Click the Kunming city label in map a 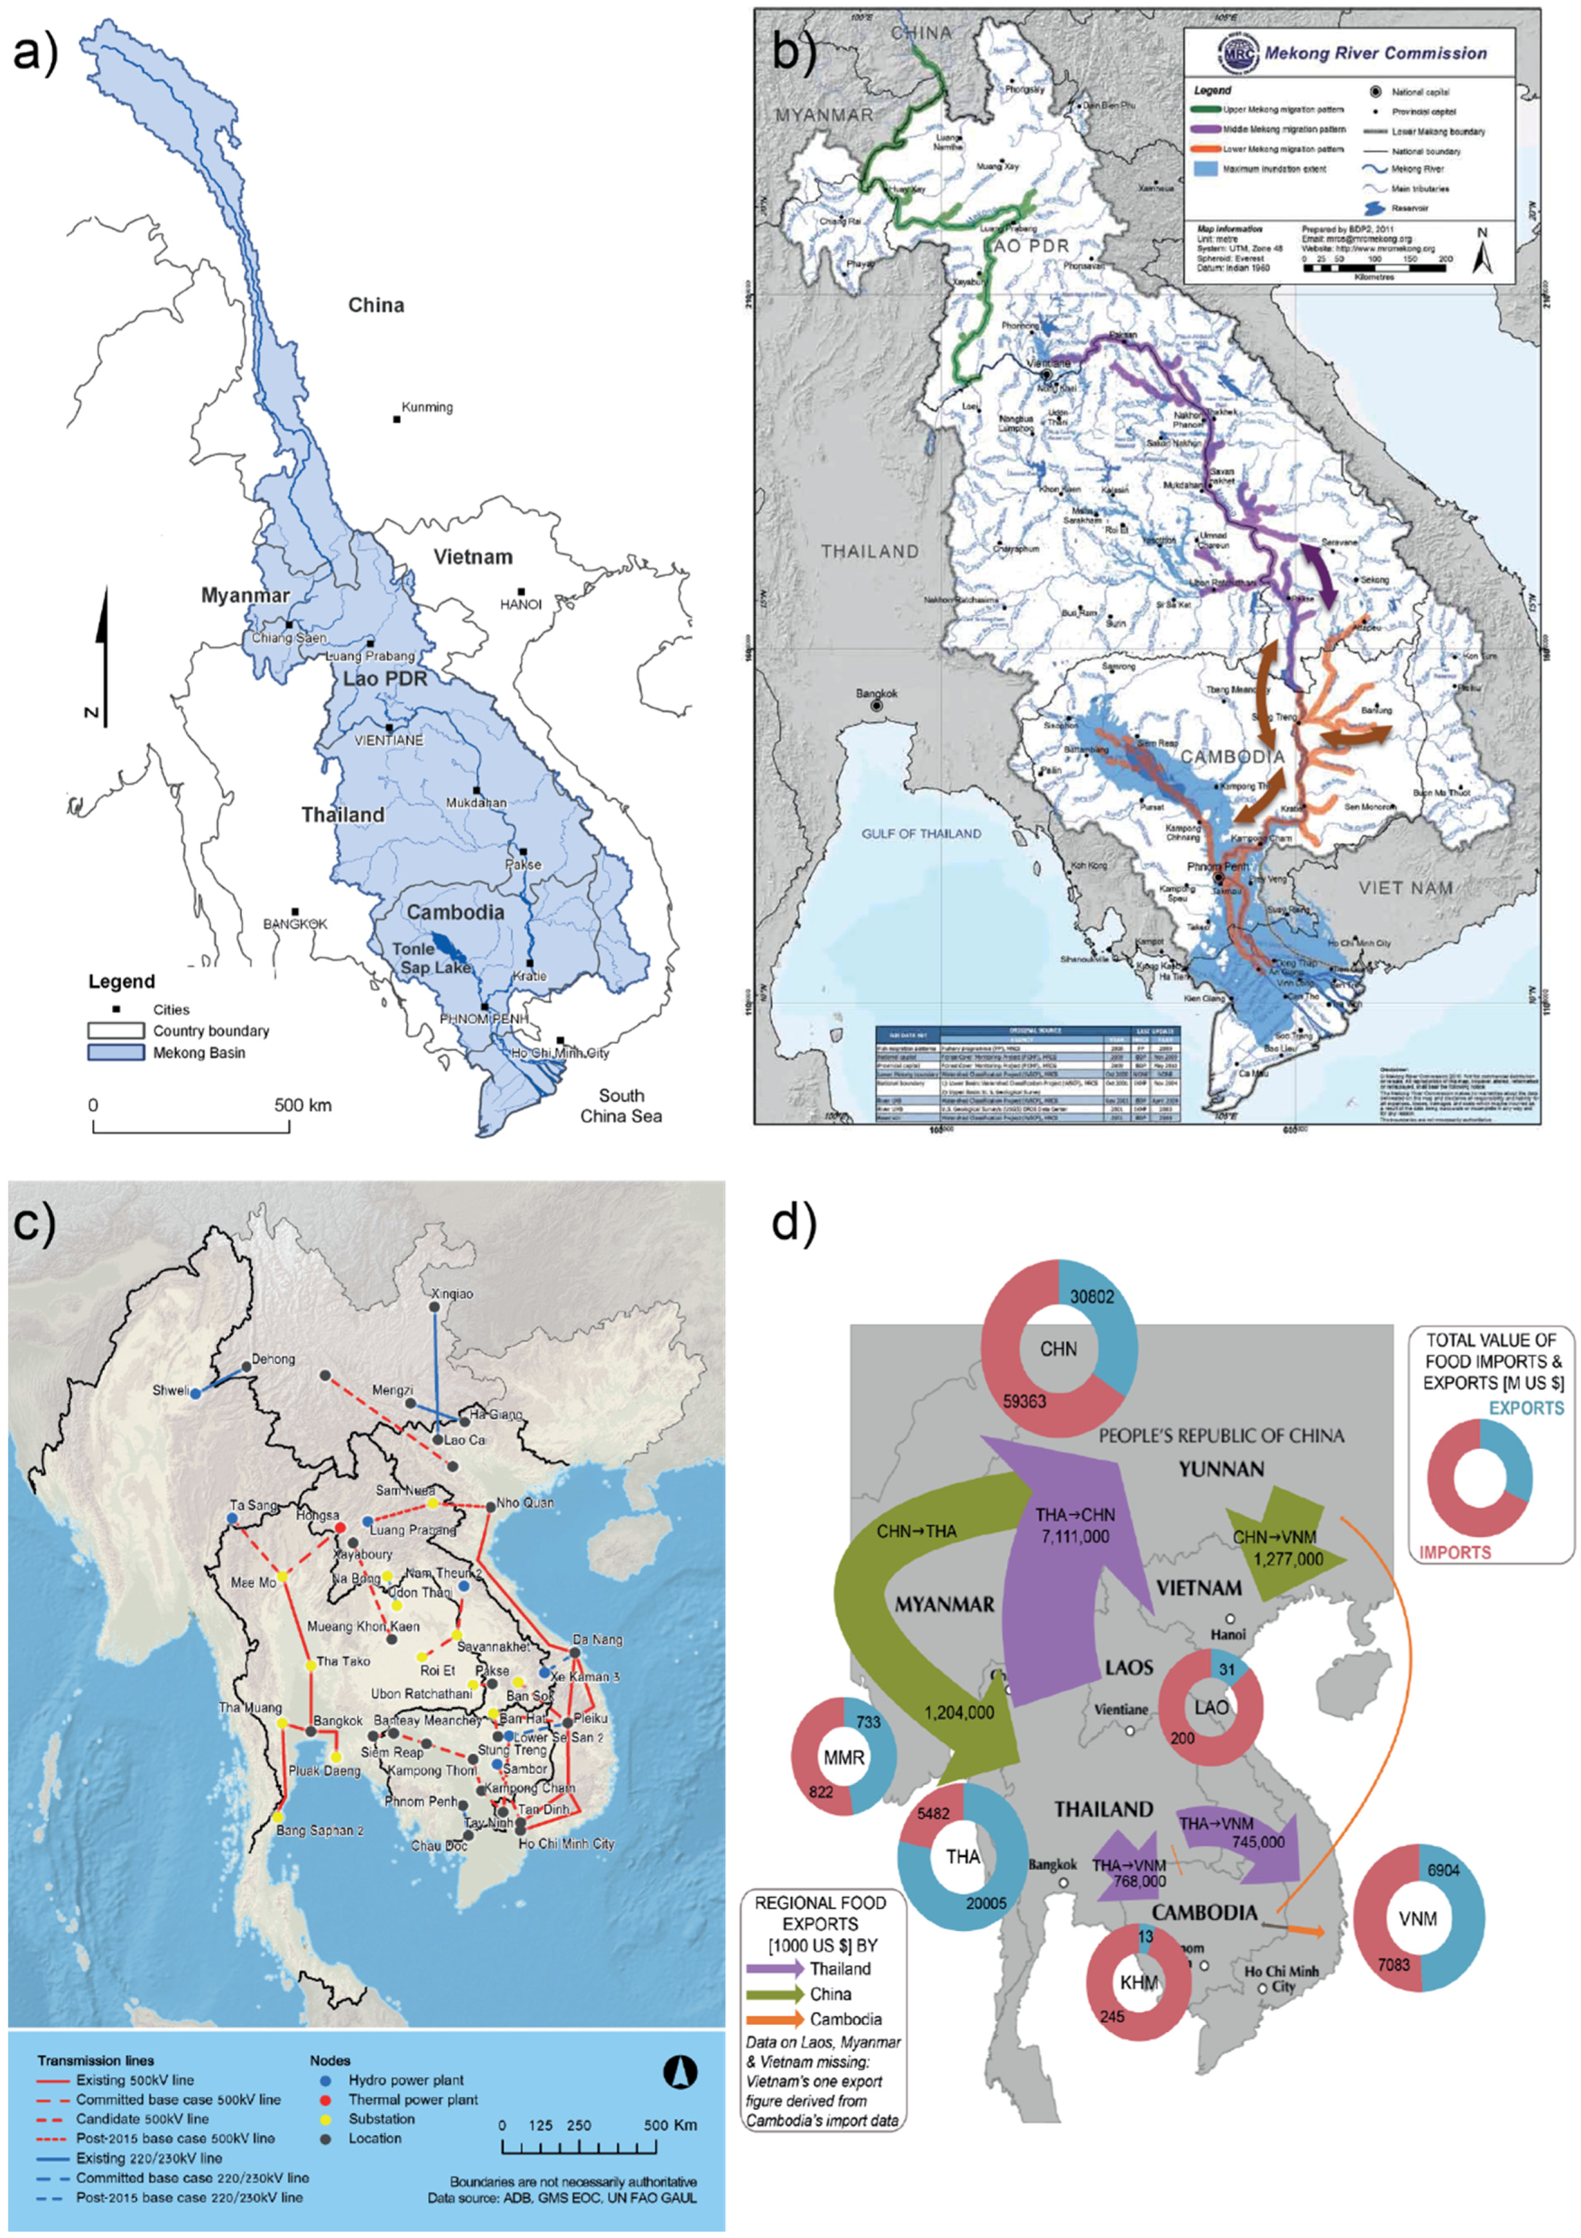click(427, 408)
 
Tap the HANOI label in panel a click(521, 604)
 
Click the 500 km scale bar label click(302, 1105)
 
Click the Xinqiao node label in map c click(452, 1294)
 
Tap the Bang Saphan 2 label click(320, 1830)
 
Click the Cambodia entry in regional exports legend click(845, 2019)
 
